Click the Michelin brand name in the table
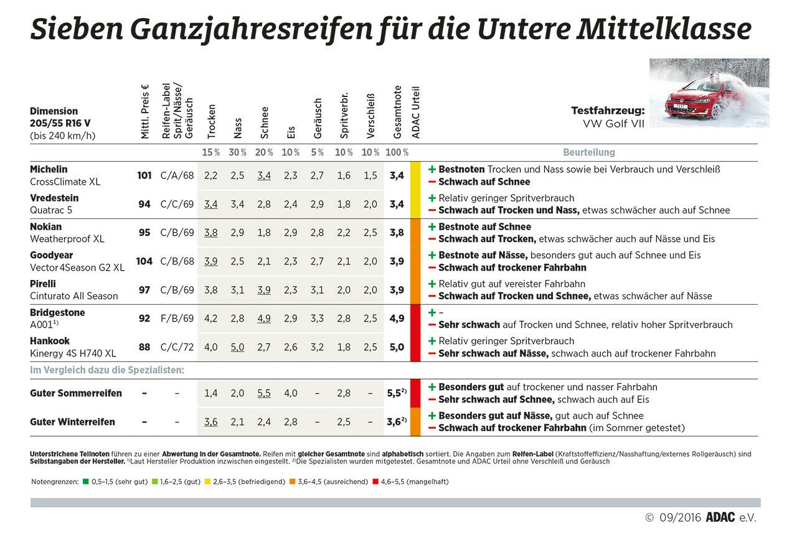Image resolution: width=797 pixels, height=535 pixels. tap(49, 169)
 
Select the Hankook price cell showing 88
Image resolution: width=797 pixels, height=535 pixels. tap(144, 347)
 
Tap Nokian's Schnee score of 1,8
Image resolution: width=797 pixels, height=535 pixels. tap(264, 233)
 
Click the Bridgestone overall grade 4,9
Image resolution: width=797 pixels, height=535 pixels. tap(397, 318)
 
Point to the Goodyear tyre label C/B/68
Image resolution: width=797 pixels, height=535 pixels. tap(177, 261)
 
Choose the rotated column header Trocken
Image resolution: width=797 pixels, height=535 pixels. tap(212, 121)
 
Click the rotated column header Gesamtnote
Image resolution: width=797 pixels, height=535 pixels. tap(397, 112)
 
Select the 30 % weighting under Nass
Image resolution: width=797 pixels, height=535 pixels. tap(237, 152)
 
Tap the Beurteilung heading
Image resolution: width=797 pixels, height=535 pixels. tap(589, 152)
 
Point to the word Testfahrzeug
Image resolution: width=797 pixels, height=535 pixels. tap(608, 111)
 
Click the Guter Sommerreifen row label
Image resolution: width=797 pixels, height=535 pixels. tap(76, 393)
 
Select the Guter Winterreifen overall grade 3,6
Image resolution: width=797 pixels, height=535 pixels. tap(397, 422)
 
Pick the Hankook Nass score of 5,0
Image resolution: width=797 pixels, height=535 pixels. tap(237, 347)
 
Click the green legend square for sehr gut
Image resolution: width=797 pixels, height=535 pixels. tap(85, 481)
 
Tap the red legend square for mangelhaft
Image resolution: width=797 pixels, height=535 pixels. tap(375, 481)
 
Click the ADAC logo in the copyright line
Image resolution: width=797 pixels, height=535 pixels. tap(720, 518)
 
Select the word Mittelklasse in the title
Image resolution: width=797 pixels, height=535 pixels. tap(664, 29)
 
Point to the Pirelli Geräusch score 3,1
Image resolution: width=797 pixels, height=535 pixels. tap(317, 290)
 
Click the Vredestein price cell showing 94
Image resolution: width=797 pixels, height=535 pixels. tap(144, 204)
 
